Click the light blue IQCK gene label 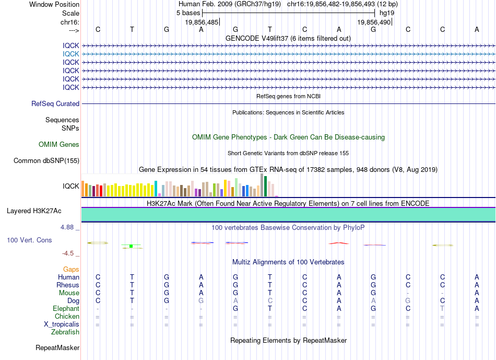[71, 54]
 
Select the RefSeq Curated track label [55, 104]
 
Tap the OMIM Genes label [59, 144]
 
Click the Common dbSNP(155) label [46, 161]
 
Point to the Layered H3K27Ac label [34, 211]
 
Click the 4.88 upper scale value [67, 227]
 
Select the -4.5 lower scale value [68, 253]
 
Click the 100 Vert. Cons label [29, 240]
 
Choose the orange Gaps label [71, 270]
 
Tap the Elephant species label [66, 309]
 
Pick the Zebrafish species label [65, 332]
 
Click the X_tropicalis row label [62, 324]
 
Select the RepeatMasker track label [57, 347]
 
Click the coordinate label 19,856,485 [202, 22]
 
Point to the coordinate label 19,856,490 [374, 22]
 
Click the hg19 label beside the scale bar [387, 13]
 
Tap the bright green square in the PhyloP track [131, 246]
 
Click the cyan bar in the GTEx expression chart [156, 189]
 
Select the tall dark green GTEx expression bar [265, 187]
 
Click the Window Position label [54, 4]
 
